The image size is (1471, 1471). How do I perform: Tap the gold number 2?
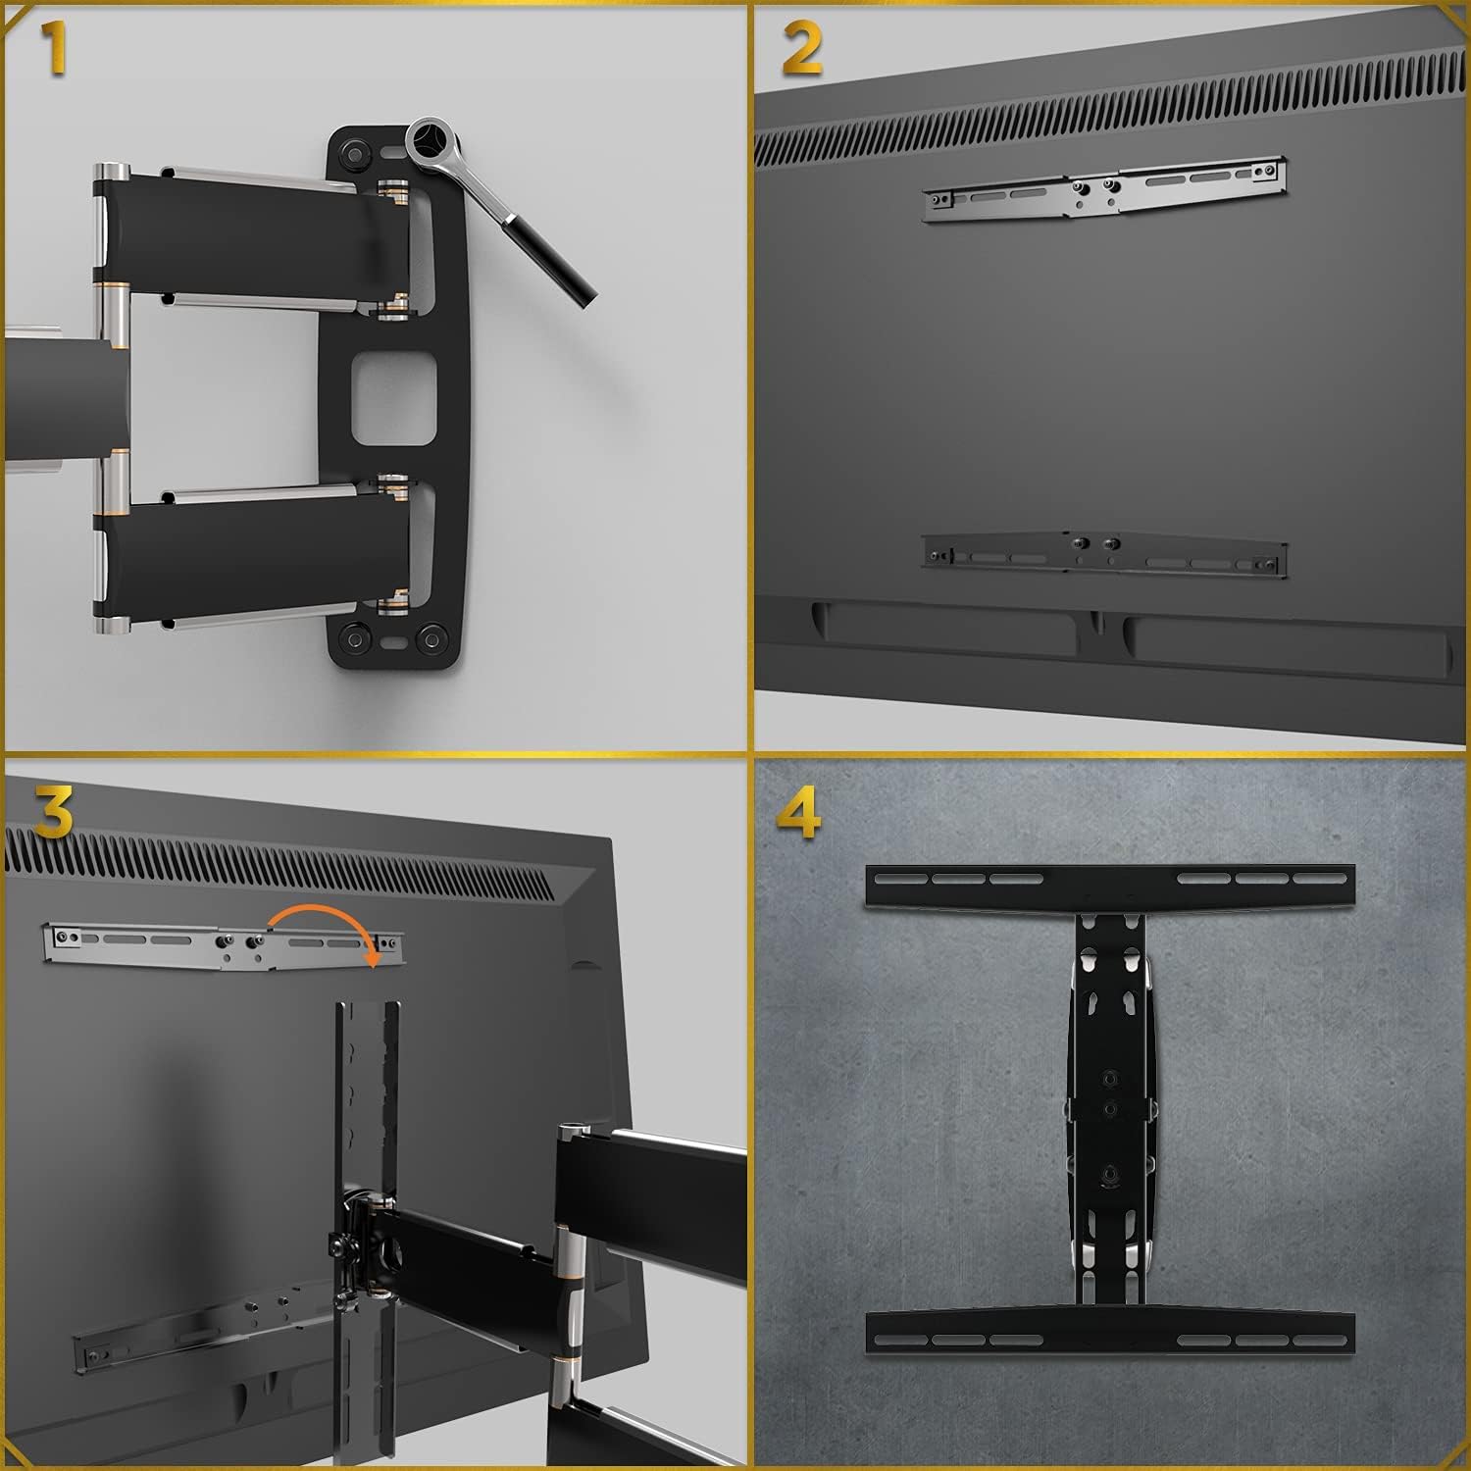[x=802, y=50]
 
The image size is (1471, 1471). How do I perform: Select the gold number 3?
[x=54, y=812]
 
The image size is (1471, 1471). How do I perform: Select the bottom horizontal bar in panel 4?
[x=1110, y=1334]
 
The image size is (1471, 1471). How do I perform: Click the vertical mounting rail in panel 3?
[x=367, y=1079]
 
